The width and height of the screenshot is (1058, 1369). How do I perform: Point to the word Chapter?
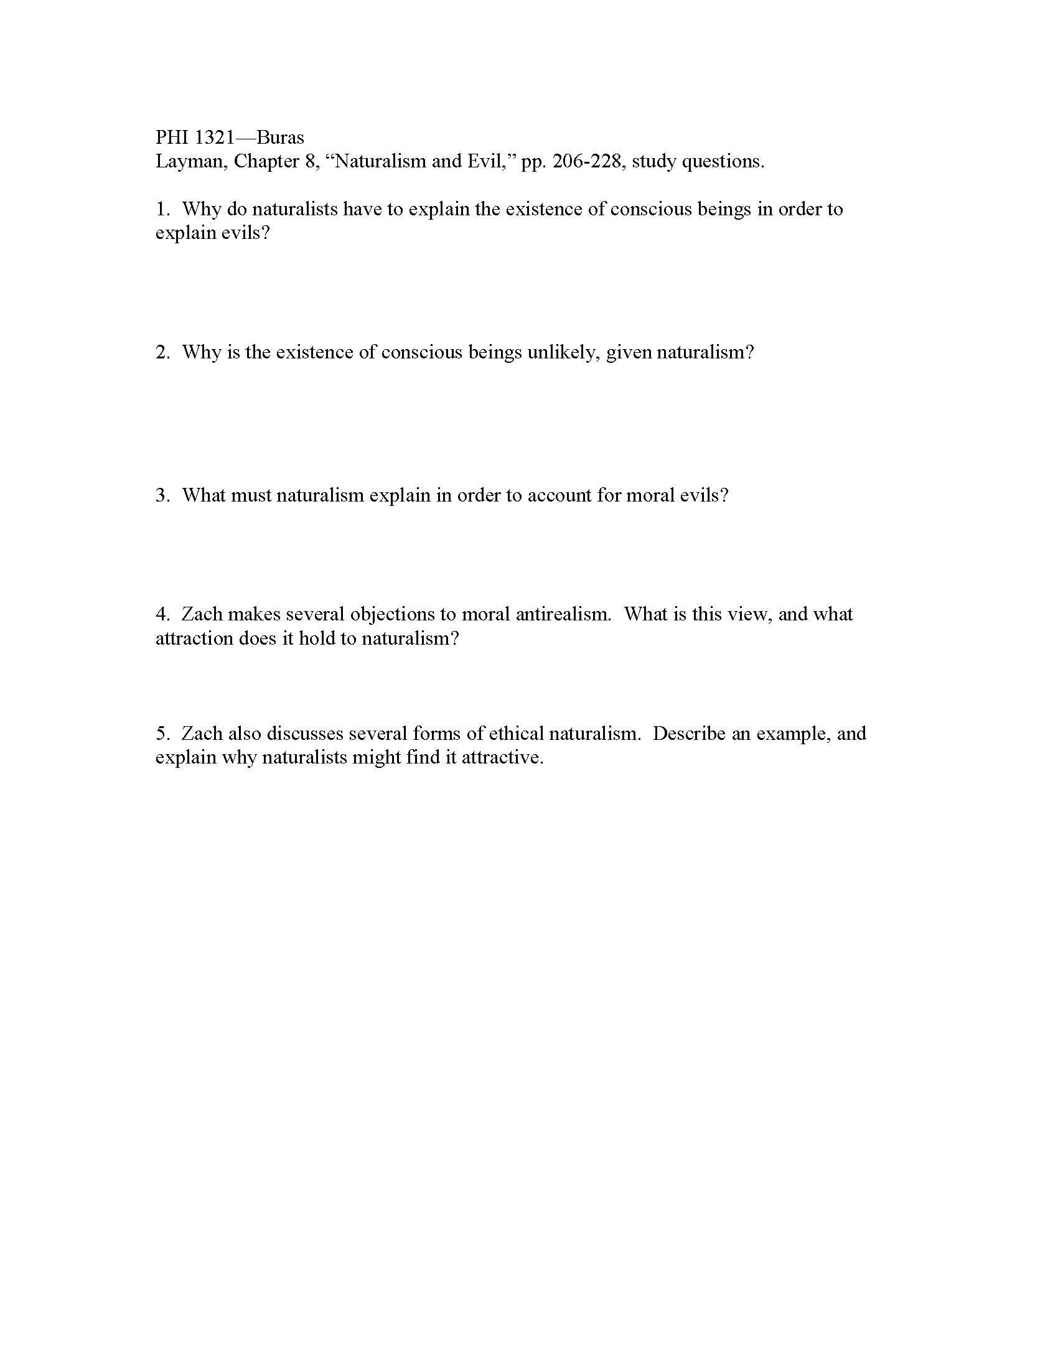266,162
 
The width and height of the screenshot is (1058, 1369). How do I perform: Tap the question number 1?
161,208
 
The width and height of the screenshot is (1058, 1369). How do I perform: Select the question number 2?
162,352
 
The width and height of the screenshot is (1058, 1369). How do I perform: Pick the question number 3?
162,495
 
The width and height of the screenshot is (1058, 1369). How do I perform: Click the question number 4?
162,614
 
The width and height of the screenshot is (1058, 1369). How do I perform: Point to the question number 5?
162,733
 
